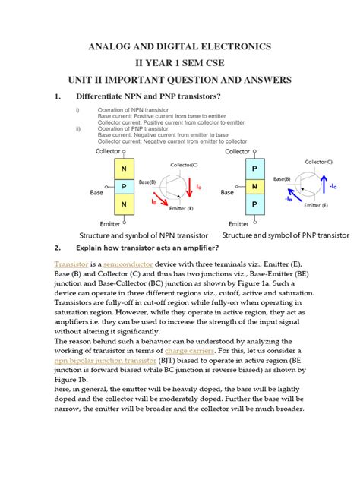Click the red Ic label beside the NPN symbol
coord(198,185)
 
